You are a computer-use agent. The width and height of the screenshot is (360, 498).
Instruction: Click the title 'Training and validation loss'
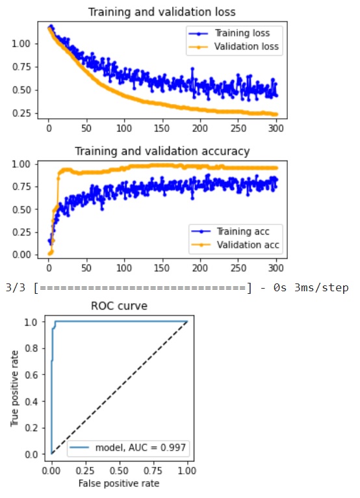tap(161, 12)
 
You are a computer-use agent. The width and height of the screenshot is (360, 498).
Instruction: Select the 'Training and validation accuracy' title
tap(161, 151)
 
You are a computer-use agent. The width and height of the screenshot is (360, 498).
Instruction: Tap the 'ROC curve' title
tap(119, 306)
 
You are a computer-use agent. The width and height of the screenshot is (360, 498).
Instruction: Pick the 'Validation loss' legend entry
tap(246, 46)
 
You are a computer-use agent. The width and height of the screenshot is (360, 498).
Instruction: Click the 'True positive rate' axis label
tap(13, 387)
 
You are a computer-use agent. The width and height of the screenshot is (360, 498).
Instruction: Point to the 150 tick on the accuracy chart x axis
tap(163, 267)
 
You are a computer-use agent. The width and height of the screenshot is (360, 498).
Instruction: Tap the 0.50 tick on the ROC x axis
tap(119, 470)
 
